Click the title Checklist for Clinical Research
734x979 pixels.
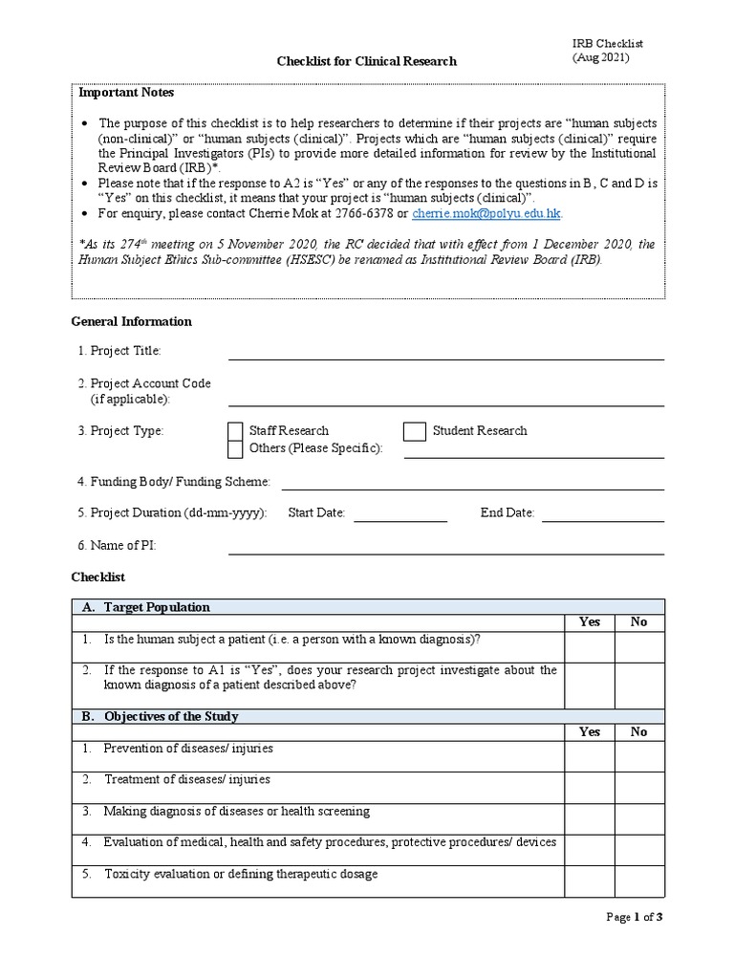[x=367, y=61]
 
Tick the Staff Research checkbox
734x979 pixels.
[x=235, y=431]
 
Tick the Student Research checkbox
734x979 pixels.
[x=414, y=431]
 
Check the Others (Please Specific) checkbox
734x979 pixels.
[x=235, y=448]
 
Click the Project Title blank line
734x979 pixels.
[x=445, y=353]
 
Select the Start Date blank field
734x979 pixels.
[x=400, y=514]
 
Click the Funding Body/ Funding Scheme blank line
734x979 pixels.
[x=472, y=483]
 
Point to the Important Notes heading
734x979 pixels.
[x=126, y=94]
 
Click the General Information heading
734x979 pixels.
[x=132, y=321]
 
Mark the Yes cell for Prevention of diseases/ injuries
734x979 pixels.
[x=589, y=755]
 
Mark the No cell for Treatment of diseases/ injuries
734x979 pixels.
[x=638, y=787]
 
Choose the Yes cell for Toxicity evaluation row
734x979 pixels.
[x=589, y=881]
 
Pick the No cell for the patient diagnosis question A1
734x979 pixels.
[x=638, y=646]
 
